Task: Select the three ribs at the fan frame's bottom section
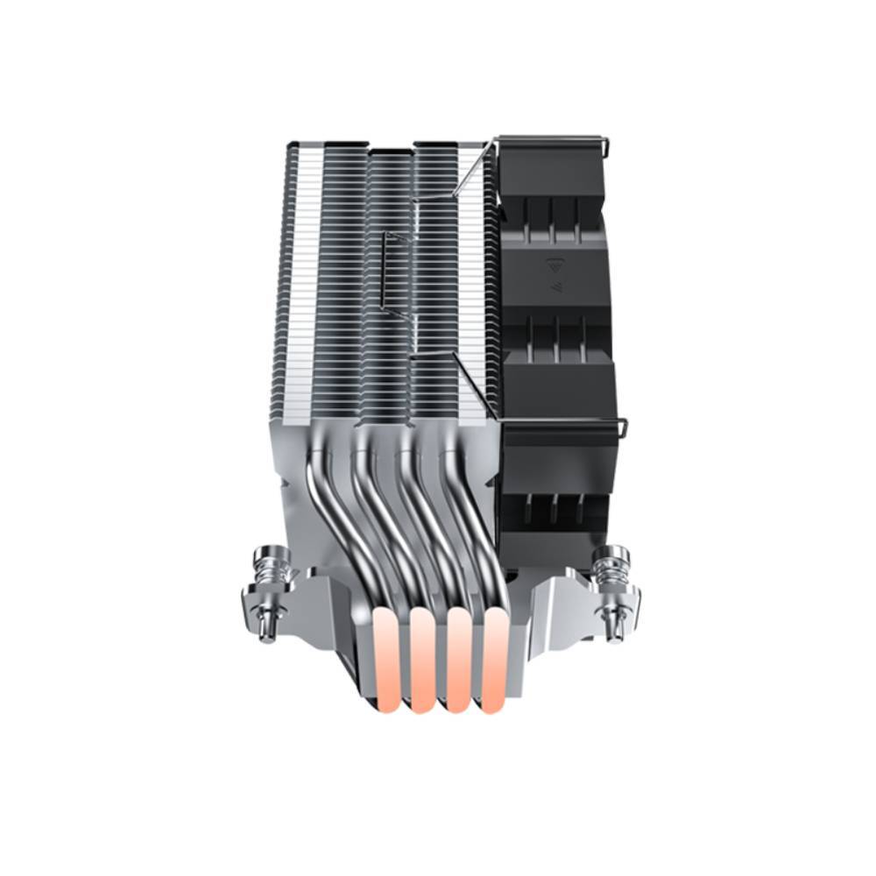pos(554,508)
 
